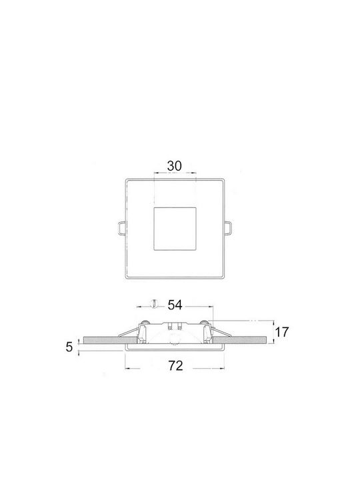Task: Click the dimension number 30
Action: [175, 166]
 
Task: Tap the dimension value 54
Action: [175, 305]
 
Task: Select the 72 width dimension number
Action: [176, 365]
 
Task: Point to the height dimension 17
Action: [281, 332]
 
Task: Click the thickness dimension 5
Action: [69, 347]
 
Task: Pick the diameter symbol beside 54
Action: [155, 304]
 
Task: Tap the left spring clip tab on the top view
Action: [121, 228]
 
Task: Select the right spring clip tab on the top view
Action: [228, 228]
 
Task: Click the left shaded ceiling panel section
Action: [110, 340]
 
